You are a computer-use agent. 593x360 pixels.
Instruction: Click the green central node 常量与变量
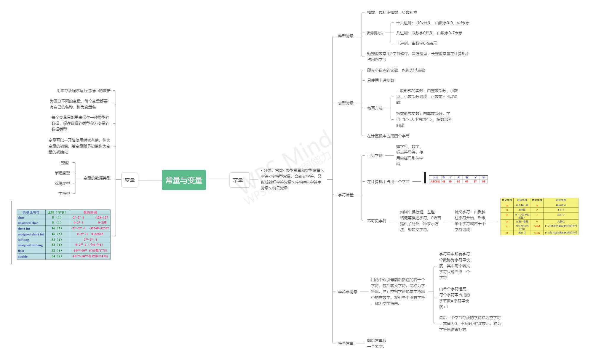184,180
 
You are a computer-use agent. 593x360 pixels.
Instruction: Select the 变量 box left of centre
130,180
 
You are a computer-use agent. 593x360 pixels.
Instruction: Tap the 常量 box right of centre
238,180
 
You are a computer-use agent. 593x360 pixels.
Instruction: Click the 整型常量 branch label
346,36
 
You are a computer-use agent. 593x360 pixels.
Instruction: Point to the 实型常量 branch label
346,103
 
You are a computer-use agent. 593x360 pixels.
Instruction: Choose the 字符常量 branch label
346,195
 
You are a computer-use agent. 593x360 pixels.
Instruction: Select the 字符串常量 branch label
348,292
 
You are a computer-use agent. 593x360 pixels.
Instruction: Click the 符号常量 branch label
346,343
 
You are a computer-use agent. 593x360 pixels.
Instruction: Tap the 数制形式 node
375,33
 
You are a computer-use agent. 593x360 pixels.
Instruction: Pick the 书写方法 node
375,108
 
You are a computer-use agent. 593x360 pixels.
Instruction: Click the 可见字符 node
375,156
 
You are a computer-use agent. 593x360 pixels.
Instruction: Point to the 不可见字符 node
377,221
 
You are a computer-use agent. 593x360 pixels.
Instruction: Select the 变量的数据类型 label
97,178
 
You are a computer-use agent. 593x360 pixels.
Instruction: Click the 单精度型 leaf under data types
62,173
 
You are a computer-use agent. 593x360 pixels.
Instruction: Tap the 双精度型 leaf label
62,183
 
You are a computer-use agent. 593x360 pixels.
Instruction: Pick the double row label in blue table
23,257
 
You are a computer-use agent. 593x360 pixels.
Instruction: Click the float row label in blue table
21,251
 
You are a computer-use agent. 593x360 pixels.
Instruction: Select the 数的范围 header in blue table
90,212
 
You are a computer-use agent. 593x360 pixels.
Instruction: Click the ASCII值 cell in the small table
435,182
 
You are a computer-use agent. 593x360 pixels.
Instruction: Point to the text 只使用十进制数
381,80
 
